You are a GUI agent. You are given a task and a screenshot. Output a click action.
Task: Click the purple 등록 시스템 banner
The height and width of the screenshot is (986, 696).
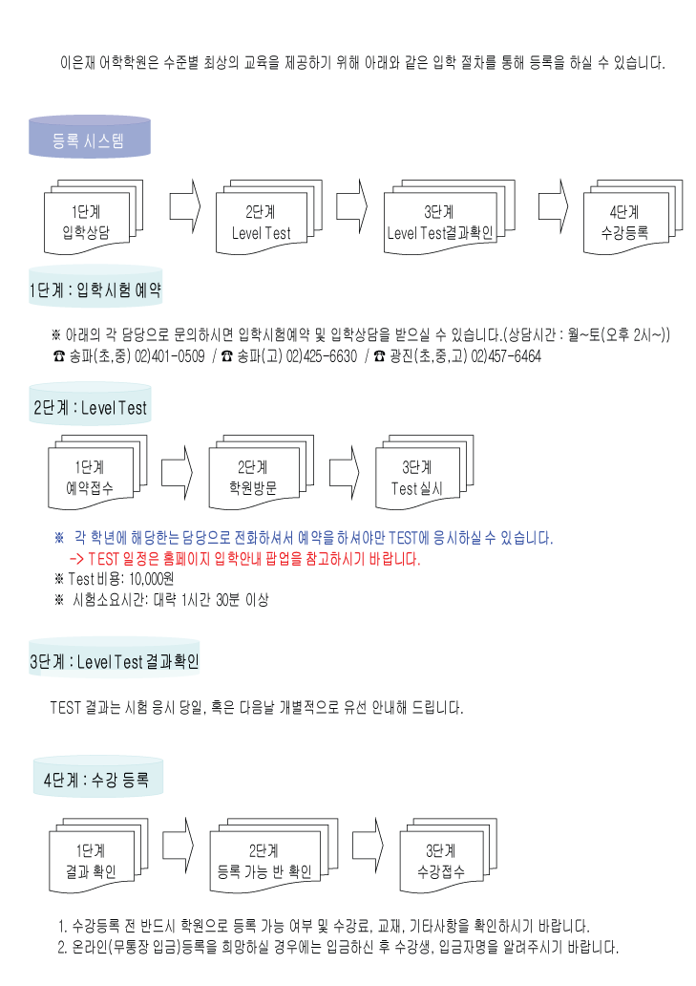pyautogui.click(x=89, y=137)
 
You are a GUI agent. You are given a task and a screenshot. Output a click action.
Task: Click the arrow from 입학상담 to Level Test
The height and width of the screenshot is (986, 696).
pyautogui.click(x=184, y=206)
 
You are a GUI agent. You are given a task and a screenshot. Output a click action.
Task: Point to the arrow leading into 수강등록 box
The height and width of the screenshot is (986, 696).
pyautogui.click(x=553, y=206)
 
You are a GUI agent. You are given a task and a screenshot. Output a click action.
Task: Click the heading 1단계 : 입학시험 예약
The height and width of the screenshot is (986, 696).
pyautogui.click(x=95, y=289)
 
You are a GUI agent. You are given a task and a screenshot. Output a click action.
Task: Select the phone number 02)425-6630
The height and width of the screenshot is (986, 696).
pyautogui.click(x=321, y=356)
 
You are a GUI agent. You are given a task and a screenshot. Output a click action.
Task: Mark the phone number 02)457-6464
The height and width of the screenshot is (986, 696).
pyautogui.click(x=506, y=356)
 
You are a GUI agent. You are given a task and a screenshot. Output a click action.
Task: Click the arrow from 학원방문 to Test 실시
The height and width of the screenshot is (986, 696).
pyautogui.click(x=345, y=472)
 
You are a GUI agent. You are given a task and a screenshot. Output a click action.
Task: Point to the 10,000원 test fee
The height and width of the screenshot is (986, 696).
pyautogui.click(x=152, y=579)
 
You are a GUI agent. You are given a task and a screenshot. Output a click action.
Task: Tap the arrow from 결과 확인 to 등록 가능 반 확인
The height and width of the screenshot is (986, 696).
pyautogui.click(x=178, y=846)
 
